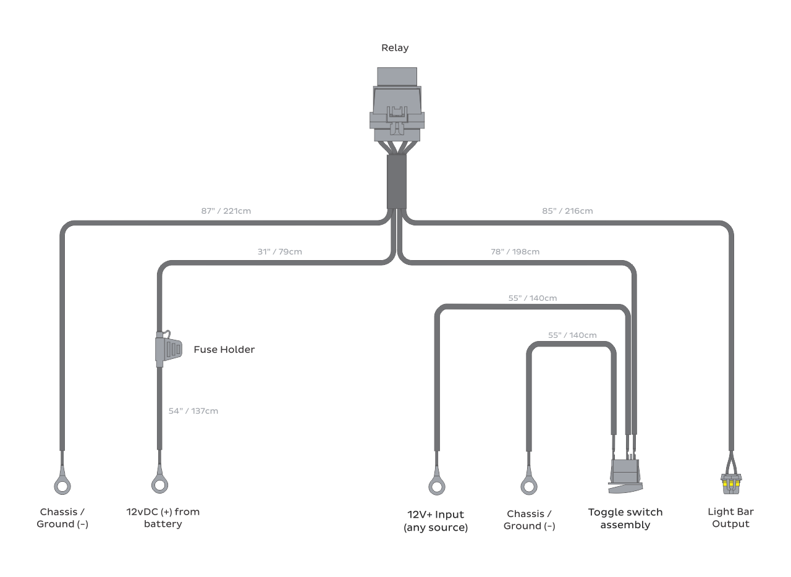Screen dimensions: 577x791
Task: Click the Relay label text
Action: coord(395,48)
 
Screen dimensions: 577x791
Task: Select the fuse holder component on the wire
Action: coord(167,350)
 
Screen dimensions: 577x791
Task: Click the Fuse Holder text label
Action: coord(224,350)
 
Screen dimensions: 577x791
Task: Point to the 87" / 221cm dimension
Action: coord(226,211)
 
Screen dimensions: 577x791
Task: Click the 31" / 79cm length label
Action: coord(279,251)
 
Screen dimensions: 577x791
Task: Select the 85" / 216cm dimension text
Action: coord(567,211)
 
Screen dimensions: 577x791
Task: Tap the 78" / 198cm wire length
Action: coord(514,251)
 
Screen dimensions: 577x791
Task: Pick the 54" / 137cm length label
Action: coord(193,411)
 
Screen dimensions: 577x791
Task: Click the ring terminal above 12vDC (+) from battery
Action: coord(159,484)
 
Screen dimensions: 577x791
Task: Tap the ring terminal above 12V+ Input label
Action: coord(436,486)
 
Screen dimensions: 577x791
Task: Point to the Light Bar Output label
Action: coord(730,518)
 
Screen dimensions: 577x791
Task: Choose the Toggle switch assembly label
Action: coord(625,518)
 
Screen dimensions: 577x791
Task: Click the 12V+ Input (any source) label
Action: coord(436,521)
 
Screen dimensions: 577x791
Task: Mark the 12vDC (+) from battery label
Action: coord(163,518)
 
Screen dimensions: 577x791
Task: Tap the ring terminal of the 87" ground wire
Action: coord(62,486)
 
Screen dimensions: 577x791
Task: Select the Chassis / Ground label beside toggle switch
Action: coord(529,520)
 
